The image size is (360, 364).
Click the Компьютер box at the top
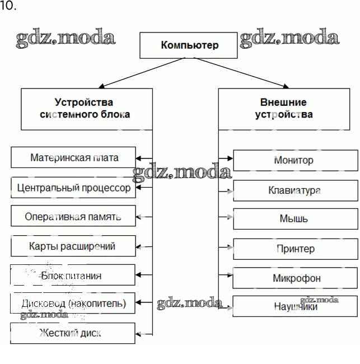pyautogui.click(x=189, y=45)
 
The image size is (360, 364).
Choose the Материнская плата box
pyautogui.click(x=73, y=157)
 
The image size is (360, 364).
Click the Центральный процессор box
pyautogui.click(x=73, y=188)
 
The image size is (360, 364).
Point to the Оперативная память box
pyautogui.click(x=73, y=216)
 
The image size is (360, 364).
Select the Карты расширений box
pyautogui.click(x=73, y=246)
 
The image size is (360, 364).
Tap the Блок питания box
pyautogui.click(x=73, y=275)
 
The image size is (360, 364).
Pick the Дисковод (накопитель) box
pyautogui.click(x=73, y=304)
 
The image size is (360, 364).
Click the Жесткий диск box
pyautogui.click(x=73, y=333)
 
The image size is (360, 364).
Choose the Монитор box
pyautogui.click(x=294, y=160)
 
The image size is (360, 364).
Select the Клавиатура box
pyautogui.click(x=294, y=190)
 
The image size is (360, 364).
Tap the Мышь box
pyautogui.click(x=294, y=219)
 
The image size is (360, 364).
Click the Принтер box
pyautogui.click(x=294, y=249)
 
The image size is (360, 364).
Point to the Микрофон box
pyautogui.click(x=294, y=278)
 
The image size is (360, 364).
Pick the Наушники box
pyautogui.click(x=294, y=307)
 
